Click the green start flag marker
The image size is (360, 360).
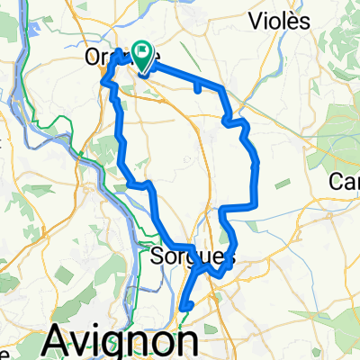pyautogui.click(x=142, y=54)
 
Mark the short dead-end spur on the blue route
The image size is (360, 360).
pyautogui.click(x=197, y=87)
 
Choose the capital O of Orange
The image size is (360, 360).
pyautogui.click(x=93, y=57)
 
